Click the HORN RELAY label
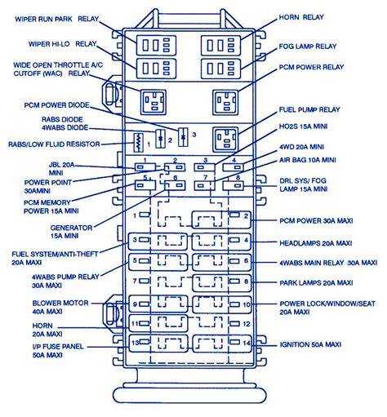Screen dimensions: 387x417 (301, 17)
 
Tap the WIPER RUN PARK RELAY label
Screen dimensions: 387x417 (56, 19)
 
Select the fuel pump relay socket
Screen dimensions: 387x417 (225, 140)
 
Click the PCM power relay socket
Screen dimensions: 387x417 (225, 103)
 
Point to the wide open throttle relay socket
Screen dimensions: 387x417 (153, 102)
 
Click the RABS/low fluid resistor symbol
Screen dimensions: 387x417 (139, 142)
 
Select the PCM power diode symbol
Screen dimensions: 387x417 (183, 137)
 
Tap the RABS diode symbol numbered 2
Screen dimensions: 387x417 (161, 139)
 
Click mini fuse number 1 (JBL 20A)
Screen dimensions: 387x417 (145, 166)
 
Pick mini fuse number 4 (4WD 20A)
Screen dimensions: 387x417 (234, 167)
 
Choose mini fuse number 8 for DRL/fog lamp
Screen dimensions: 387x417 (234, 186)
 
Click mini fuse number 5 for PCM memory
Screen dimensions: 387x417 (145, 185)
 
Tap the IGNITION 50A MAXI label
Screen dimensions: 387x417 (310, 344)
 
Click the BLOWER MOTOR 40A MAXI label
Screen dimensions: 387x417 (60, 307)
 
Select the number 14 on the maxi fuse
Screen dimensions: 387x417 (247, 344)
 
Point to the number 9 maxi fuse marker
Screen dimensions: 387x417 (135, 304)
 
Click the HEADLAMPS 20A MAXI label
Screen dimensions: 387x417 (316, 243)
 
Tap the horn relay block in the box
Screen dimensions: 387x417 (220, 46)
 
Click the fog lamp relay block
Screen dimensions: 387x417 (220, 69)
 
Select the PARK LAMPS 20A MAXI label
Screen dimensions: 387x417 (316, 283)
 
